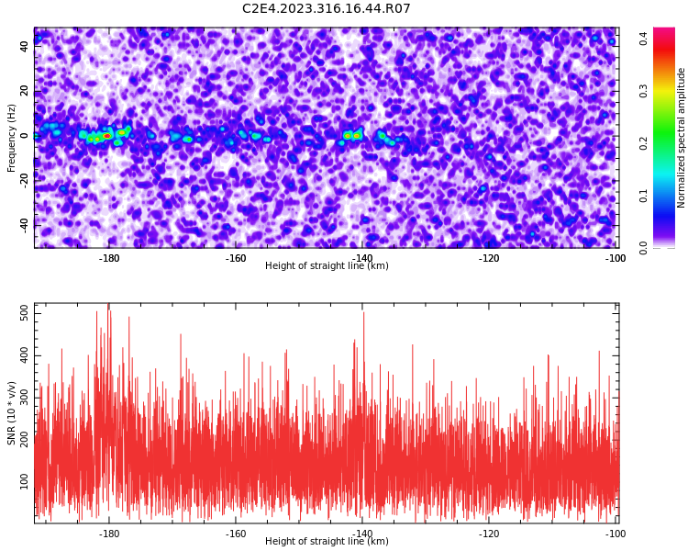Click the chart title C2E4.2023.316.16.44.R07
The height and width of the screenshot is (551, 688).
point(326,8)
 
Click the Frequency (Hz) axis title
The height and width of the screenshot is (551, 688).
point(11,138)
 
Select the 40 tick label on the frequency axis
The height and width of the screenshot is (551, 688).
point(24,46)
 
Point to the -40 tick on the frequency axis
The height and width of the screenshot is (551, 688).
point(24,226)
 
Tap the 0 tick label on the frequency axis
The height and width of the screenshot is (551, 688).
point(24,136)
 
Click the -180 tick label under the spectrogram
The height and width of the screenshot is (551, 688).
point(109,258)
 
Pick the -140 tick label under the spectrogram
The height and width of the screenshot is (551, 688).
point(362,258)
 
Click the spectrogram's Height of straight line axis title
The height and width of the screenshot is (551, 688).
point(327,265)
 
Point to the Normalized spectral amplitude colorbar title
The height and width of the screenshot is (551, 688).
point(681,138)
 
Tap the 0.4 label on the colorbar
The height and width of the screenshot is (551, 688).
point(644,39)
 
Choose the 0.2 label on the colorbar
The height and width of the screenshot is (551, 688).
point(644,143)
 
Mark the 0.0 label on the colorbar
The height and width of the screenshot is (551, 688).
point(644,248)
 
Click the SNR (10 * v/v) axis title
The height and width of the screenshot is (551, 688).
point(11,413)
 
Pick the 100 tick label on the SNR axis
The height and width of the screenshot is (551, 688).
point(24,481)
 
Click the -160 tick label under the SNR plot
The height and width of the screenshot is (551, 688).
point(236,534)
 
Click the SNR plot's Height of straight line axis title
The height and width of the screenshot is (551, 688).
point(327,541)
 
